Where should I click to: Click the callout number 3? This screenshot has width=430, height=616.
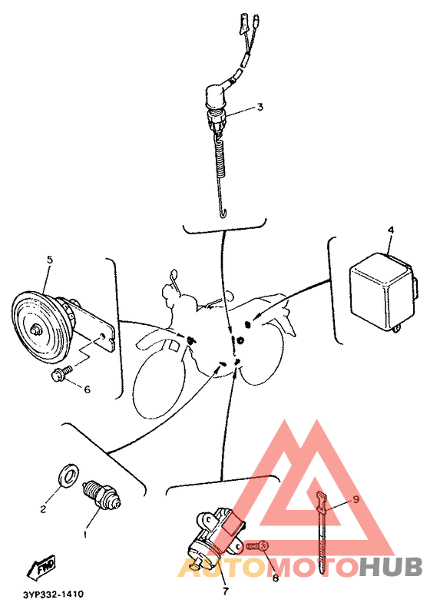click(x=260, y=108)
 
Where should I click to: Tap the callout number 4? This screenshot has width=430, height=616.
click(x=390, y=230)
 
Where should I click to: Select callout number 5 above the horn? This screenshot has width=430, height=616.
click(x=50, y=260)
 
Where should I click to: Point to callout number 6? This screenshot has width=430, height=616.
click(x=87, y=389)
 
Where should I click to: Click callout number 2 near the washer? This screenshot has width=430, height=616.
click(x=44, y=508)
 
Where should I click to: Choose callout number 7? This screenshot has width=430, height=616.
click(x=226, y=591)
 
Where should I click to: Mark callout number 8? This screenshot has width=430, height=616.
click(x=276, y=578)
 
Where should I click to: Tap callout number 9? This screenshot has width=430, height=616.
click(x=356, y=498)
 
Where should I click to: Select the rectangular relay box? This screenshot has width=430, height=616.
click(x=382, y=289)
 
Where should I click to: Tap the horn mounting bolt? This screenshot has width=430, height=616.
click(x=60, y=374)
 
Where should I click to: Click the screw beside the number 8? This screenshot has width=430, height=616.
click(x=256, y=546)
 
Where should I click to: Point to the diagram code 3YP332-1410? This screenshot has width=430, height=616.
click(x=53, y=594)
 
